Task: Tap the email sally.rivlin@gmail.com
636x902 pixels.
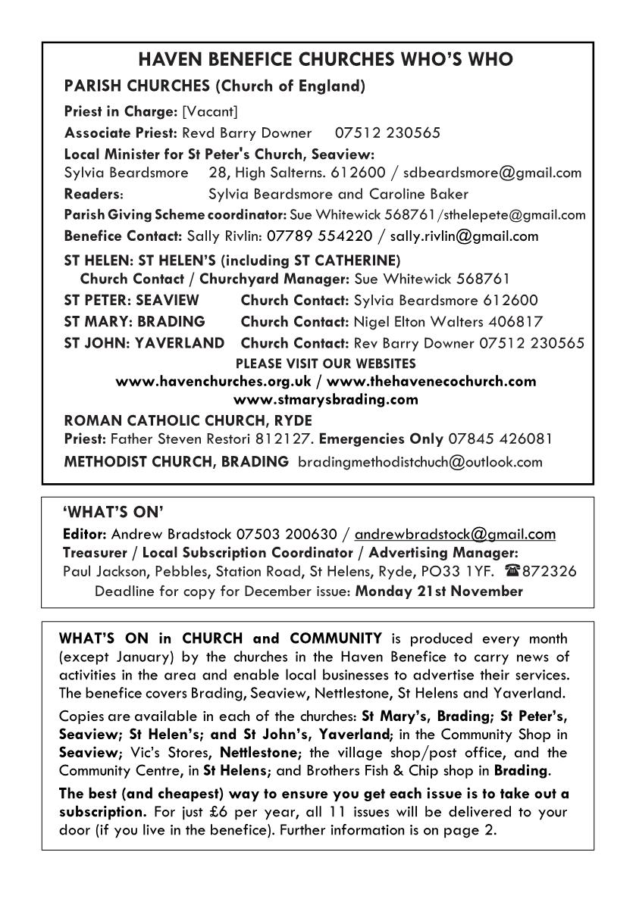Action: (464, 236)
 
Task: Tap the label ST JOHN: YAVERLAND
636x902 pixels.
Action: (144, 343)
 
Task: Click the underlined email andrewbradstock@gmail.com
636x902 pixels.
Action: (455, 534)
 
